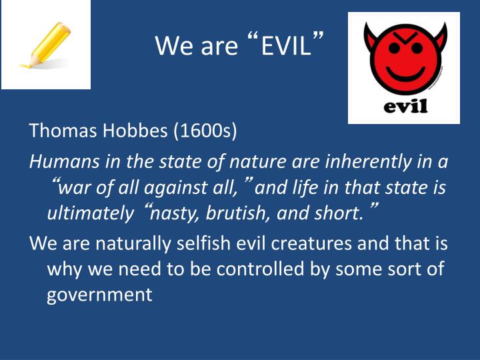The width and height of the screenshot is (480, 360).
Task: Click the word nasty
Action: point(175,214)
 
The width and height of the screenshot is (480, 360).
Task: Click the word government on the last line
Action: point(99,293)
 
